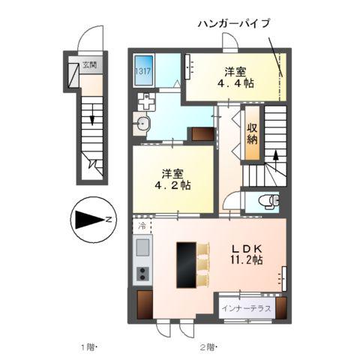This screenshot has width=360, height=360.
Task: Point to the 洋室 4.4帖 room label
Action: pos(235,78)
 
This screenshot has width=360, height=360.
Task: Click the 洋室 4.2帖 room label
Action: pos(172,178)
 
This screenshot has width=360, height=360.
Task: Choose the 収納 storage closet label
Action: pos(253,133)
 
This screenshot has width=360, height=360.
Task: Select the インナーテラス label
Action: pos(247,307)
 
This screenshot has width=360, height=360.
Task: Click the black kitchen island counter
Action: pos(185,264)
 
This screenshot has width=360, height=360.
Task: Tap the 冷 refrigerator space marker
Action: pos(141,224)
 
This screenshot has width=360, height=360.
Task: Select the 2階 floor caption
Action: pos(208,346)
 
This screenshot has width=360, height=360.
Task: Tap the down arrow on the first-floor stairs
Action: pos(91,115)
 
